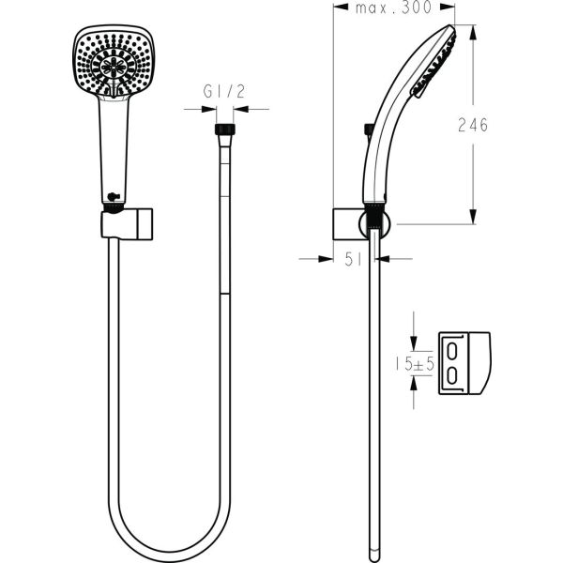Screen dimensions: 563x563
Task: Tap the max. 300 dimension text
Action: pos(393,8)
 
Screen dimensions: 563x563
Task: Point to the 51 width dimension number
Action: pos(354,261)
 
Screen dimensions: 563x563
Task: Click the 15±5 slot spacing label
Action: pos(412,362)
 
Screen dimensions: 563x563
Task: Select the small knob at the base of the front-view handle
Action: pos(112,196)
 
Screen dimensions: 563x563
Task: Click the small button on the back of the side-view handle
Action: pos(369,129)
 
